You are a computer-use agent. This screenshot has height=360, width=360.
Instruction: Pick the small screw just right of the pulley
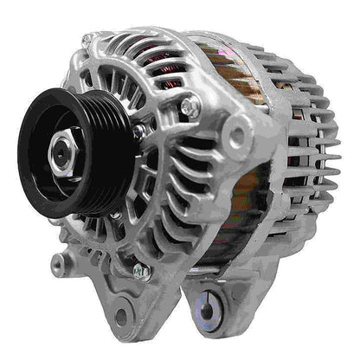click(138, 131)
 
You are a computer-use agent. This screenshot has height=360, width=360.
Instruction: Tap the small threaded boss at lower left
click(58, 260)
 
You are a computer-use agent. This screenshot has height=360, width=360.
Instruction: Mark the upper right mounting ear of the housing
click(246, 138)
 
